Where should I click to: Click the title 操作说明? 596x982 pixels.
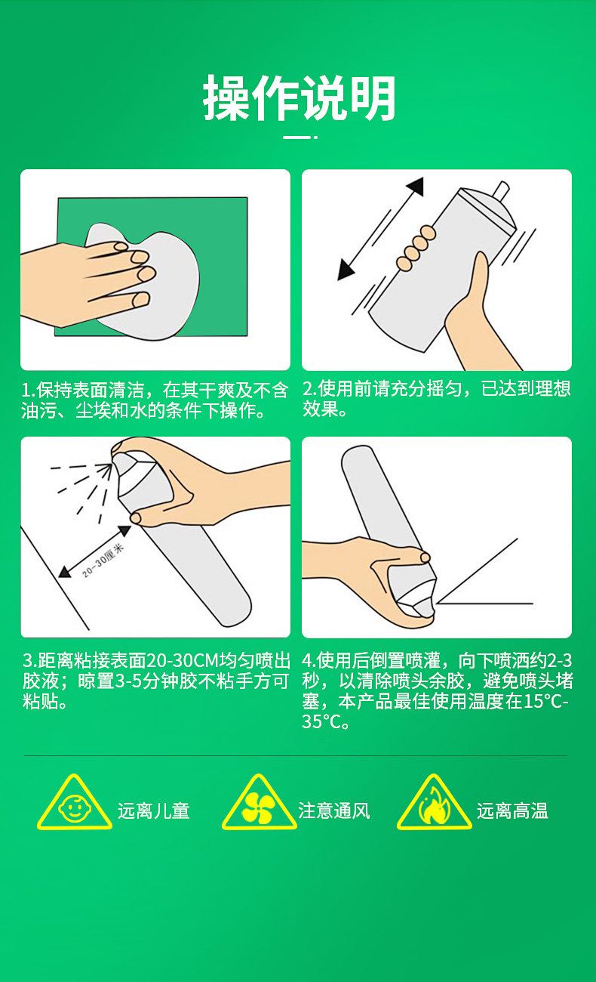[x=300, y=97]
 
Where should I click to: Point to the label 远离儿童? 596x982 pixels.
[x=153, y=811]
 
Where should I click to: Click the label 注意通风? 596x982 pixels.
[x=334, y=811]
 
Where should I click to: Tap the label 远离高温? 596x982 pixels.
[x=512, y=811]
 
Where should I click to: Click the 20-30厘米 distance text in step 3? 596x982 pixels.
[x=103, y=560]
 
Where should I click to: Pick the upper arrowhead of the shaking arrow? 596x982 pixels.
[x=416, y=187]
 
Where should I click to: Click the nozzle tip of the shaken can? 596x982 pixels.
[x=502, y=190]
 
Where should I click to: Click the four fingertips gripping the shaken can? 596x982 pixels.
[x=416, y=248]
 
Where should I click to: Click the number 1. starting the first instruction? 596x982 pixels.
[x=29, y=391]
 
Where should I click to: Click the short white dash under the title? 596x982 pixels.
[x=297, y=137]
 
